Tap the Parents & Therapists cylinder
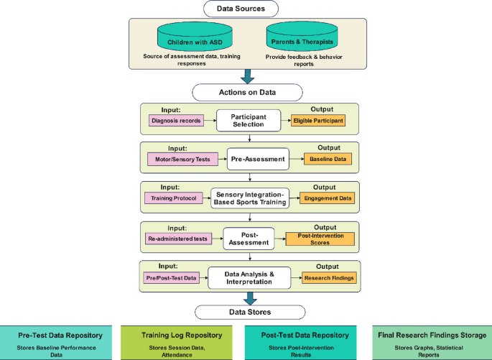(301, 35)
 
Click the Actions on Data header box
(246, 93)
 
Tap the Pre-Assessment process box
(257, 159)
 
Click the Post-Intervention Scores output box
(320, 239)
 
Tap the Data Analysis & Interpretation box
(246, 277)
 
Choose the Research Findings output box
(328, 278)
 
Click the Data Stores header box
(246, 312)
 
